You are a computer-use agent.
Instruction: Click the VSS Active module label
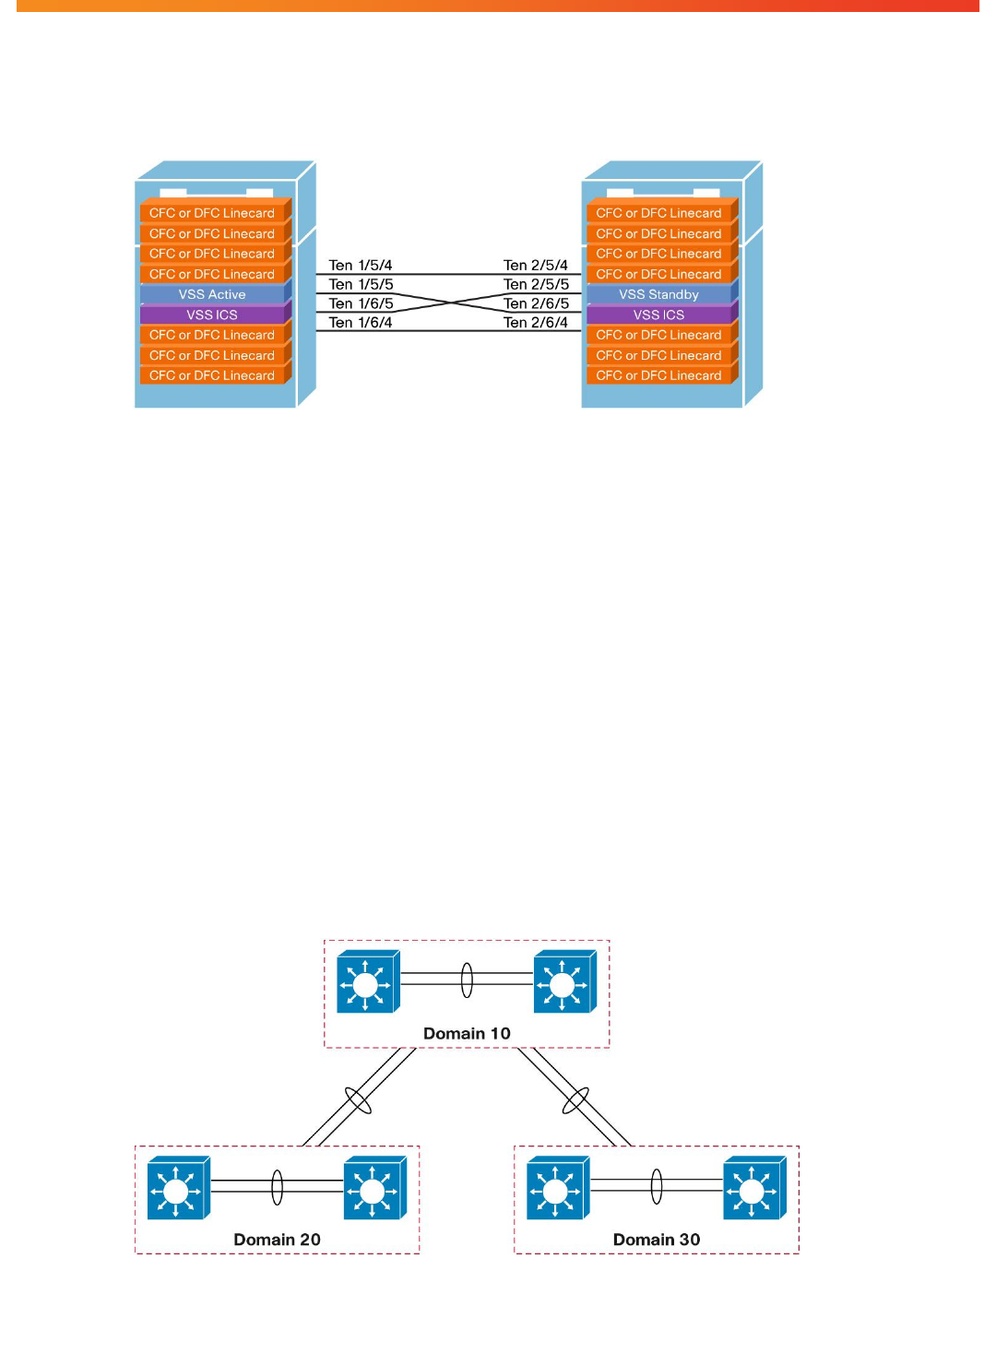coord(212,294)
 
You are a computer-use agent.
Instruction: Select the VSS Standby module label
coord(658,294)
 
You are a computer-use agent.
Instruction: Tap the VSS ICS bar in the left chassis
coord(212,315)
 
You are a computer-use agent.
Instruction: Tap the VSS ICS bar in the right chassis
coord(658,315)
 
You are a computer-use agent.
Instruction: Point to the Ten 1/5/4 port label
coord(361,265)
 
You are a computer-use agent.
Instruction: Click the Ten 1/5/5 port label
coord(361,284)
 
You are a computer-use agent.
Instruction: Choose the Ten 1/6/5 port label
coord(361,303)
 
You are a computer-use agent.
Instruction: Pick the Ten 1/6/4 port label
coord(361,323)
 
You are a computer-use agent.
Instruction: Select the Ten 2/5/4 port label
coord(536,265)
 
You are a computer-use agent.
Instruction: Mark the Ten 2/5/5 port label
coord(536,284)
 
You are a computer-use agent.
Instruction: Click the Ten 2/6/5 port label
coord(536,303)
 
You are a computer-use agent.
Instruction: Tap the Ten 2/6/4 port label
coord(536,323)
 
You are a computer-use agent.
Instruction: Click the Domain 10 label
coord(467,1033)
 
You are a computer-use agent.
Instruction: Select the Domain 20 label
coord(277,1240)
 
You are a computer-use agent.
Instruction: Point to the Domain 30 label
coord(657,1240)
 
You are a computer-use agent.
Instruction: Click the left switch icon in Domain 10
coord(367,982)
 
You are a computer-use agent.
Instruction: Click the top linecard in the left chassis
coord(212,213)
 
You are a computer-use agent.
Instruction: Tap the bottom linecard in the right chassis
coord(658,375)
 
